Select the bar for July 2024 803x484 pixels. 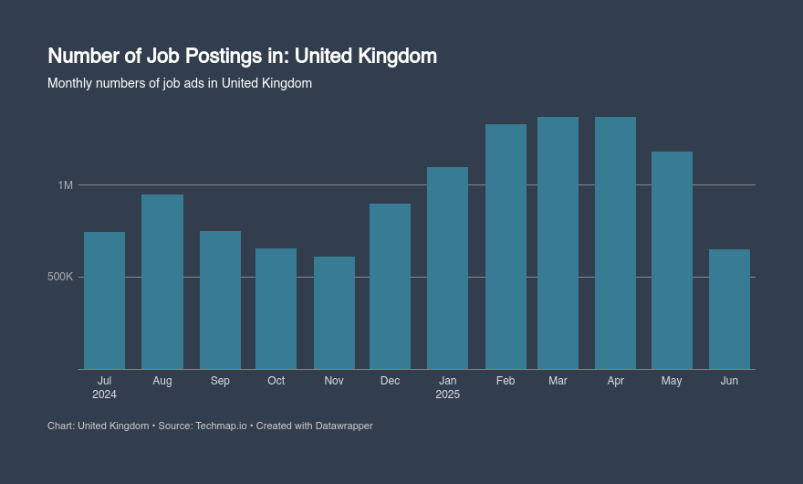(x=104, y=300)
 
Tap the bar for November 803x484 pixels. (x=334, y=312)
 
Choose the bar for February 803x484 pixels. (x=506, y=247)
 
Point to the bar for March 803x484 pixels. (x=558, y=243)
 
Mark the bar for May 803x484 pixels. (x=672, y=260)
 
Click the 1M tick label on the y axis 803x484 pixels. (x=65, y=185)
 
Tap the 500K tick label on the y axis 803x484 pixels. (x=60, y=277)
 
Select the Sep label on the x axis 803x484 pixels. (x=220, y=381)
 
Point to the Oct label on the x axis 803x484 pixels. (x=276, y=381)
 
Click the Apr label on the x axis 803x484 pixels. (x=615, y=381)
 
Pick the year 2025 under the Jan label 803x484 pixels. (x=447, y=395)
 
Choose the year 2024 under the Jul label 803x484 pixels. (x=104, y=395)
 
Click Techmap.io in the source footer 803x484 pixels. (x=221, y=426)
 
